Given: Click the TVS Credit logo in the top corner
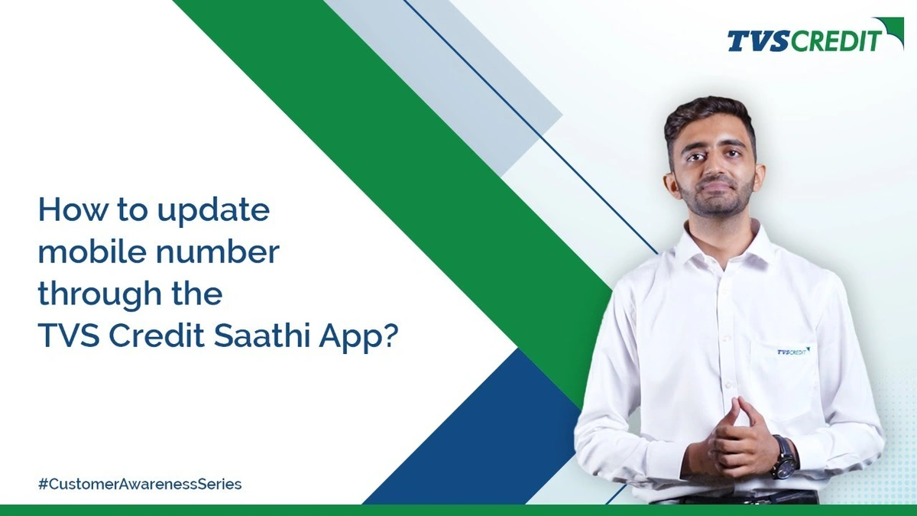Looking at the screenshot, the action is click(815, 35).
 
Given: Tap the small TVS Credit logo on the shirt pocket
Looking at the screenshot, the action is click(793, 352).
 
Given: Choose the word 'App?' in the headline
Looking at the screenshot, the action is click(358, 337).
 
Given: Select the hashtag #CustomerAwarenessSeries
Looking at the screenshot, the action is click(140, 484).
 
